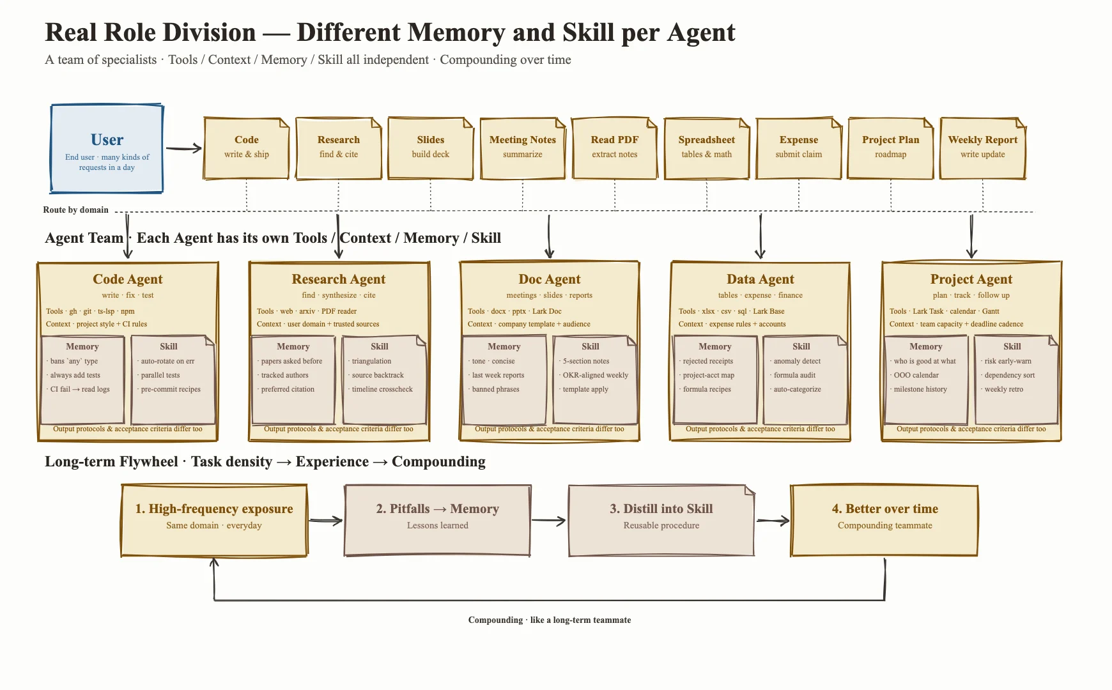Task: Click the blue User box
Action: [107, 148]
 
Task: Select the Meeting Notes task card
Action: [523, 148]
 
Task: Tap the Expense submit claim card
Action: [799, 148]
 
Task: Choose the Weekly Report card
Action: [983, 148]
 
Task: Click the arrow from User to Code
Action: [184, 149]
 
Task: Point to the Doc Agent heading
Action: [550, 279]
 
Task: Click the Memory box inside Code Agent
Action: [82, 379]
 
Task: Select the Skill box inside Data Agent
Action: [805, 379]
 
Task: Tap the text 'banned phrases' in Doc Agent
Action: [496, 389]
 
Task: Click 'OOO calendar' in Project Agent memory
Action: [916, 375]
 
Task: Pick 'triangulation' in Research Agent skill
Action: [371, 361]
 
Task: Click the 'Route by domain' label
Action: [76, 210]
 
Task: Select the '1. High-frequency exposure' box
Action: [214, 520]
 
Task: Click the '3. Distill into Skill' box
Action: [661, 520]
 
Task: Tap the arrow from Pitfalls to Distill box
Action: [549, 521]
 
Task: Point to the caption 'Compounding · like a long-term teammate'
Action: [550, 620]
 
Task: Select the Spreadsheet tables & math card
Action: [707, 148]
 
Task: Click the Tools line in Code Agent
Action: [90, 311]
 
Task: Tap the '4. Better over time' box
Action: [884, 520]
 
